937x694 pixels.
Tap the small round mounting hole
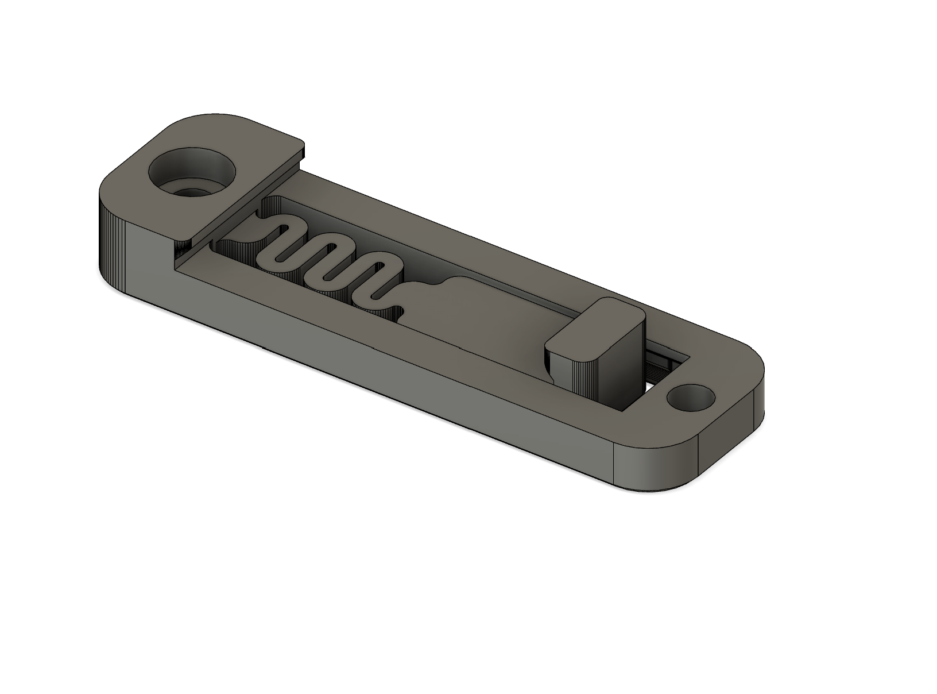(x=691, y=398)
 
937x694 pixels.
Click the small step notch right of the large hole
(x=301, y=151)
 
